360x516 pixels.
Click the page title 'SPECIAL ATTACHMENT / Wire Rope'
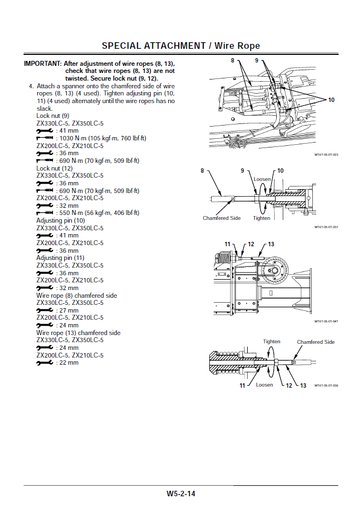(x=181, y=46)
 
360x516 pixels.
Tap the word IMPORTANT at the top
(x=42, y=64)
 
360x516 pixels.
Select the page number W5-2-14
(x=181, y=494)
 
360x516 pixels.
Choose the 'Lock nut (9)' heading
(x=53, y=116)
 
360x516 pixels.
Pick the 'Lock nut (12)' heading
(x=54, y=168)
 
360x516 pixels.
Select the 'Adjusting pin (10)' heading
(x=60, y=220)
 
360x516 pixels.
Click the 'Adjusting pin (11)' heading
(x=60, y=258)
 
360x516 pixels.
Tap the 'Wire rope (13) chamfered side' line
(x=78, y=333)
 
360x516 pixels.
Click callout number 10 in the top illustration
(x=331, y=100)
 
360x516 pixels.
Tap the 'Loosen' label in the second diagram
(x=262, y=179)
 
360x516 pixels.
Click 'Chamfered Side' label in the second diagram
(x=221, y=218)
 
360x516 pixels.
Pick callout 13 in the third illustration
(x=271, y=244)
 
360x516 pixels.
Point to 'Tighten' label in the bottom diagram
(x=271, y=342)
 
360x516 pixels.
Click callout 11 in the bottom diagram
(x=242, y=385)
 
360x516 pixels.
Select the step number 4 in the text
(x=31, y=86)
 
